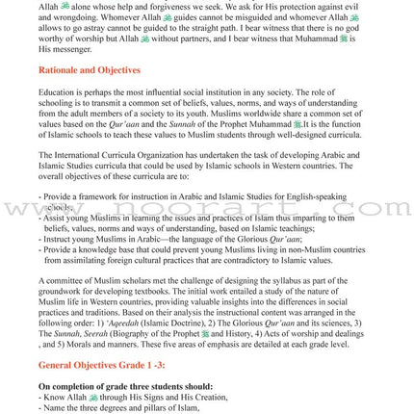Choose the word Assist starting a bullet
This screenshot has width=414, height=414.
point(54,218)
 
